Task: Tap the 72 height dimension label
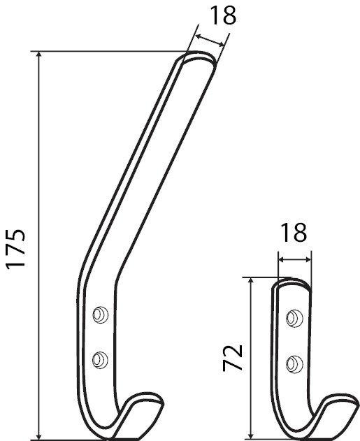pos(236,357)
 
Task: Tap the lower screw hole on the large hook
pos(101,360)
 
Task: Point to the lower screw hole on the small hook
pos(294,363)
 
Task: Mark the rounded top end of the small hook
pos(292,284)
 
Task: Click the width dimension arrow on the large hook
pos(210,41)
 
